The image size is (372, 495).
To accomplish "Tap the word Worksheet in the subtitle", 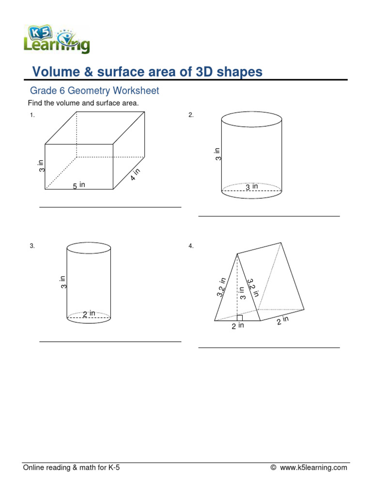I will click(x=136, y=90).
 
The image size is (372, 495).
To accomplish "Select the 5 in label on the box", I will click(x=79, y=185).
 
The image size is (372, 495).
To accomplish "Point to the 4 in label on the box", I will click(x=135, y=175).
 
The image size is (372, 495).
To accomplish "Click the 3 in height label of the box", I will click(x=42, y=166).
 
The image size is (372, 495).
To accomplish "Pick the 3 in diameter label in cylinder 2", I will click(x=251, y=187).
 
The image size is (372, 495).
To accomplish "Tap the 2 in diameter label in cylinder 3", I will click(x=89, y=314).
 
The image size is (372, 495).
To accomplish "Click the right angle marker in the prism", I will click(x=239, y=318).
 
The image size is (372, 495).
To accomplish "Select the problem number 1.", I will click(x=32, y=115).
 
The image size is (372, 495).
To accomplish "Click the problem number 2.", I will click(x=191, y=115).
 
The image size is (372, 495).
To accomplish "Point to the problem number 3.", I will click(x=32, y=246).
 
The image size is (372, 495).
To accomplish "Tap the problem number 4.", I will click(x=191, y=246).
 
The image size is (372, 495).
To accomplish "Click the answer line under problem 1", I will click(x=110, y=207).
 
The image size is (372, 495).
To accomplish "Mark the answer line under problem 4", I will click(x=269, y=347).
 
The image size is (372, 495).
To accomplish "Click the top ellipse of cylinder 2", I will click(x=251, y=118).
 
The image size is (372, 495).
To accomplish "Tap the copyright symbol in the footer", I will click(x=273, y=467).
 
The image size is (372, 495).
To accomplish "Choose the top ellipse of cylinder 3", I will click(x=89, y=248).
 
